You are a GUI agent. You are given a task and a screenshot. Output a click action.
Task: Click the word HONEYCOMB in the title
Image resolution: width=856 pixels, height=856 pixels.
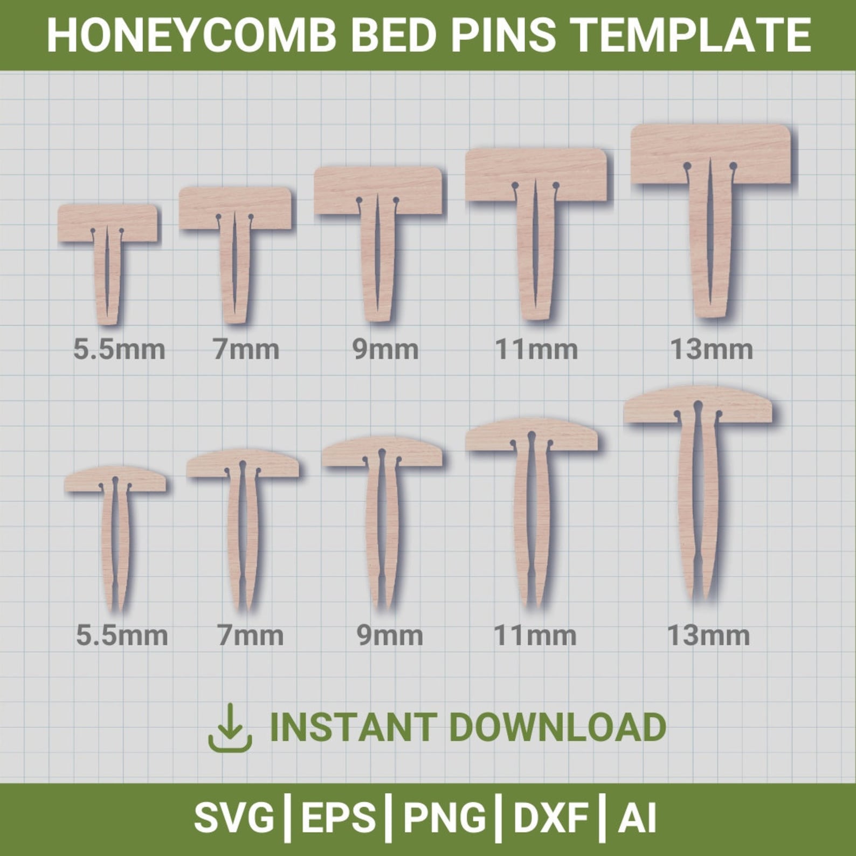pos(192,35)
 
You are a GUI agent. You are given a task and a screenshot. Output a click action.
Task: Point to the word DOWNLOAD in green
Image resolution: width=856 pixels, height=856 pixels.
pos(558,727)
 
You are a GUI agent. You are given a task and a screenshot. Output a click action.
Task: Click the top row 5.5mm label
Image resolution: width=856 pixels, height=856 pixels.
pos(119,350)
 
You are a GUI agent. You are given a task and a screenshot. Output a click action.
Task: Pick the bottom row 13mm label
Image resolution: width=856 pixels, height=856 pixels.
pos(708,636)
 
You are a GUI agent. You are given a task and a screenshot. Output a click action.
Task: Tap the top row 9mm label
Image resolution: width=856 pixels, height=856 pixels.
pos(385,350)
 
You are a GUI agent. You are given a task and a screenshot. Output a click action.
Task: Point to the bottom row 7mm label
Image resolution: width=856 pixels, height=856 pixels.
pos(250,636)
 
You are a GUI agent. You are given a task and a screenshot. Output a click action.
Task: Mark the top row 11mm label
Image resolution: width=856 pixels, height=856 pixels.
pos(536,350)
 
